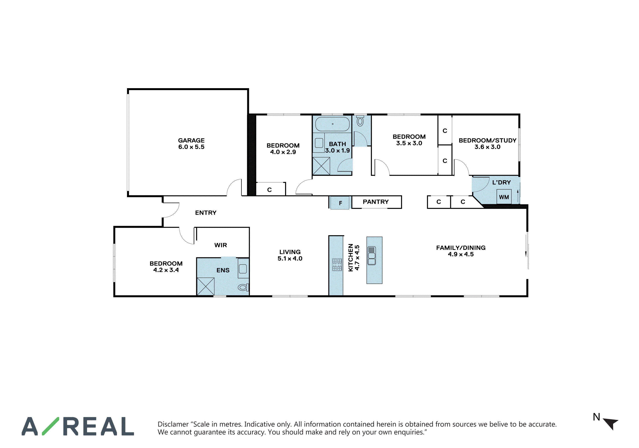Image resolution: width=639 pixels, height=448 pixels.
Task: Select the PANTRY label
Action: tap(375, 202)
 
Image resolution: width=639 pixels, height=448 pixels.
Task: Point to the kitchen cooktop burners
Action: tap(337, 265)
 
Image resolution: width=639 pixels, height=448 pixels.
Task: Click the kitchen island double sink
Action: tap(372, 255)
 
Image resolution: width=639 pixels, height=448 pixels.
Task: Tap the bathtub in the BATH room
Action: tap(332, 124)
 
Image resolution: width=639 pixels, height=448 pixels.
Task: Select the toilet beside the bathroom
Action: tap(360, 121)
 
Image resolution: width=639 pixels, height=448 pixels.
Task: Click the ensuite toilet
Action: tap(243, 287)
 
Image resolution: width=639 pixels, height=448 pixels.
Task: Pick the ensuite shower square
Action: tap(205, 286)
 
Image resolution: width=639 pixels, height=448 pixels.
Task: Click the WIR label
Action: tap(220, 245)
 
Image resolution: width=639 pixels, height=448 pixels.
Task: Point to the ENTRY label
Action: tap(206, 213)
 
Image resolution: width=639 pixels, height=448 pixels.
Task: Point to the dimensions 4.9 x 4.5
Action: tap(461, 254)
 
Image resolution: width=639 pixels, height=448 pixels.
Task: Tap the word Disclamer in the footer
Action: tap(173, 424)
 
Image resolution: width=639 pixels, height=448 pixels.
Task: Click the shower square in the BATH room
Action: tap(321, 166)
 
